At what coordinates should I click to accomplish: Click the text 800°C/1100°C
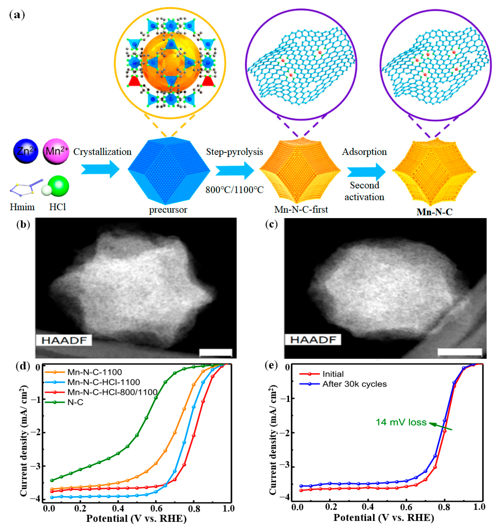[x=234, y=190]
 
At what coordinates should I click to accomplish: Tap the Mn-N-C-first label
[x=301, y=210]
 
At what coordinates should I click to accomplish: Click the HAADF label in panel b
[x=64, y=340]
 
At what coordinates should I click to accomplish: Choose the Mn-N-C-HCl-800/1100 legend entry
[x=112, y=392]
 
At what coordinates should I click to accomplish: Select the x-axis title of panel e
[x=384, y=518]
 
